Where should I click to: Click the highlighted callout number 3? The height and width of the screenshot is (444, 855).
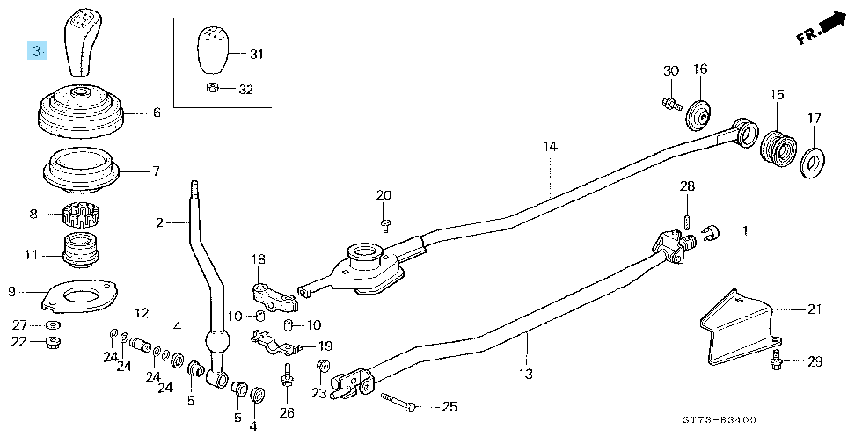click(37, 51)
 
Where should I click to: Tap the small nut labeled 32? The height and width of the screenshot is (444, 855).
click(213, 87)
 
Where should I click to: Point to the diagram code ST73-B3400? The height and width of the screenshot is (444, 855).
click(720, 419)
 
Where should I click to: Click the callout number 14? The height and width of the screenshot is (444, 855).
click(550, 147)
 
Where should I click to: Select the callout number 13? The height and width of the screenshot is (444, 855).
click(526, 375)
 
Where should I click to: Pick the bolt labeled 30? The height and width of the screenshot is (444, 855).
click(671, 103)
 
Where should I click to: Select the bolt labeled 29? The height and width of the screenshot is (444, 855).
click(776, 360)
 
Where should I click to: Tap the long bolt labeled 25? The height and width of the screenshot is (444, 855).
click(400, 402)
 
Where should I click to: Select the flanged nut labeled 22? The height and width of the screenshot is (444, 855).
click(53, 343)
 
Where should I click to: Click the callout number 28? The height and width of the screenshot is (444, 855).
click(687, 186)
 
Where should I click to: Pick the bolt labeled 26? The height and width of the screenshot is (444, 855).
click(286, 376)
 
